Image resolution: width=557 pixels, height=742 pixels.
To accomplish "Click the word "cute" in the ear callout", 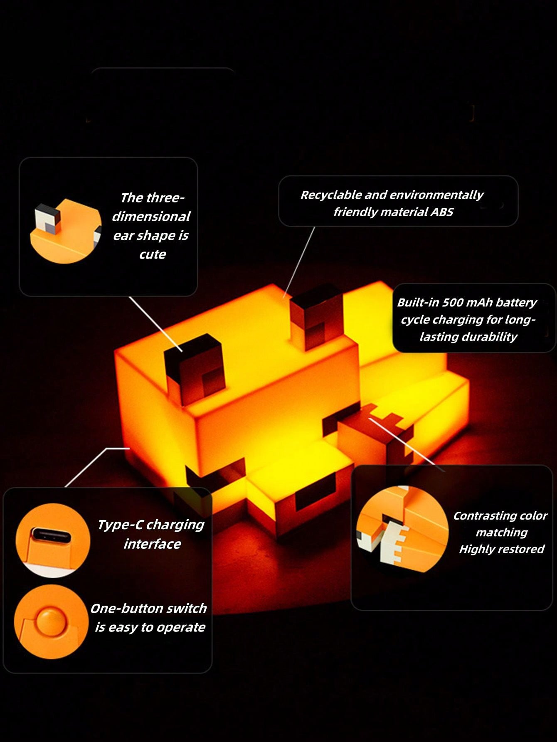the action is (x=153, y=254).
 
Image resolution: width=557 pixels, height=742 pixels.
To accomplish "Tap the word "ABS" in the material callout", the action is (x=441, y=212).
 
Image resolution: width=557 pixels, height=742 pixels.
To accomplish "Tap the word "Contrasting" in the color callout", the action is (x=482, y=516).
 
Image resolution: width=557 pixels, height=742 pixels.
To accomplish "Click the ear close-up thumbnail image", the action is (x=66, y=231).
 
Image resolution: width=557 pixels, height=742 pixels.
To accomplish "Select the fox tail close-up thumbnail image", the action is (x=402, y=529).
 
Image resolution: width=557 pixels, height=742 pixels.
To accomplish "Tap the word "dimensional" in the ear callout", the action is (x=151, y=217).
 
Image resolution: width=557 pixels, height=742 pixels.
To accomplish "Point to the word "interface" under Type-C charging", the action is (x=152, y=544).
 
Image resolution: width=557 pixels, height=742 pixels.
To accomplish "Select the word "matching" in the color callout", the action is (x=502, y=533).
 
